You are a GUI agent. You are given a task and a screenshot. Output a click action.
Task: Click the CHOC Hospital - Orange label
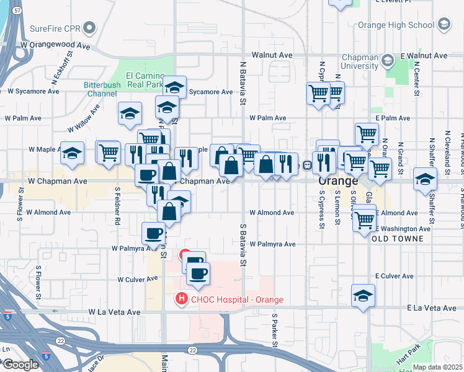click(x=236, y=300)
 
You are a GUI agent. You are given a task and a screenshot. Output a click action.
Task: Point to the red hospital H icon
click(x=181, y=299)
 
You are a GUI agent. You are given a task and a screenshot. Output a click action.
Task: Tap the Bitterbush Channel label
click(x=101, y=89)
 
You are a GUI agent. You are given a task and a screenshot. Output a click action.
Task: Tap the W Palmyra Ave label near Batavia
click(x=272, y=244)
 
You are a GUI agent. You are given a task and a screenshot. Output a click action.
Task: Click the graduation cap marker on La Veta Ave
click(x=363, y=296)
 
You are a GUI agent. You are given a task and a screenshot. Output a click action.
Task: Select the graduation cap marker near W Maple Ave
click(x=73, y=153)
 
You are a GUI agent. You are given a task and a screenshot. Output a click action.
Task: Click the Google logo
click(x=20, y=365)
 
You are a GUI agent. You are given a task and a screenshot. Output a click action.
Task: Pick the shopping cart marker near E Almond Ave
click(x=365, y=219)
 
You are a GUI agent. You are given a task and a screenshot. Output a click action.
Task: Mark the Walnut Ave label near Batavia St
click(x=277, y=55)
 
